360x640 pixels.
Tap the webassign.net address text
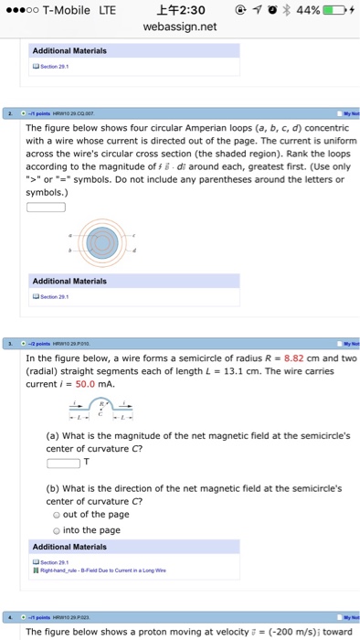[x=180, y=27]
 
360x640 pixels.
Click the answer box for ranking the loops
[x=45, y=206]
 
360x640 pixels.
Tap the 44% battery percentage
[x=307, y=10]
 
